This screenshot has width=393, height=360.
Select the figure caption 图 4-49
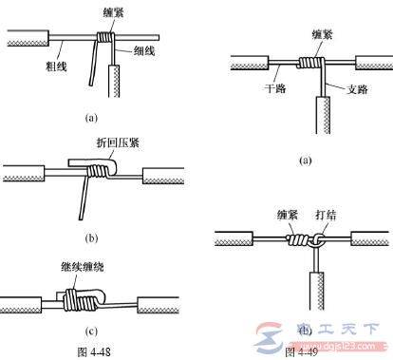point(296,351)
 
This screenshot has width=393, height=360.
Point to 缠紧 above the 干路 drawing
point(309,32)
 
